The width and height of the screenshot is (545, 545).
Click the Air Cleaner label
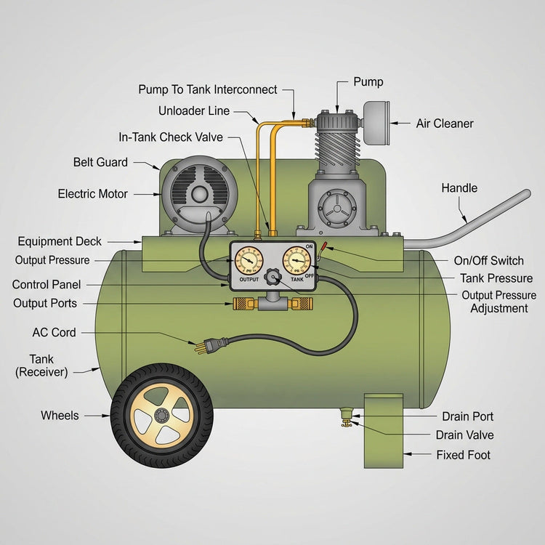coord(444,124)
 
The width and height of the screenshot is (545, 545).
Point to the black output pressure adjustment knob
coord(273,277)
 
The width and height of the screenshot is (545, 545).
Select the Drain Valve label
coord(464,435)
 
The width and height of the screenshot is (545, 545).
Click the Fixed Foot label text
coord(463,455)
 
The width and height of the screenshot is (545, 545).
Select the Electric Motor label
coord(92,194)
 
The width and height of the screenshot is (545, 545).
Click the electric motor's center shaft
coord(198,193)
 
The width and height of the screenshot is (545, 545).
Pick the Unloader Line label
coord(194,111)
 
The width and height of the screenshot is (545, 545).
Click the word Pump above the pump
coord(368,82)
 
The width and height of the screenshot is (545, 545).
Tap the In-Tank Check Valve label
coord(171,137)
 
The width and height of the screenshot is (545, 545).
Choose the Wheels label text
coord(59,416)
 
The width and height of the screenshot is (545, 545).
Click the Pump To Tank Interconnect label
coord(208,89)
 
